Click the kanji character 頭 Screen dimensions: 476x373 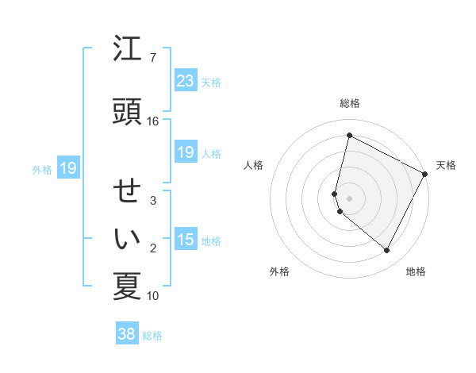[127, 111]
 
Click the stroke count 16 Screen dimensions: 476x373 [153, 121]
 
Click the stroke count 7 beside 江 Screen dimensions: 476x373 [153, 58]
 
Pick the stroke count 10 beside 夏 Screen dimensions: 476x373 [153, 296]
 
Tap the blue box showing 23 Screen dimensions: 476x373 [185, 81]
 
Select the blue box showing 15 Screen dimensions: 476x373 [185, 240]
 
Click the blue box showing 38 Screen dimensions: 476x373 [126, 334]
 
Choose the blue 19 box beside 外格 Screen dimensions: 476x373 [67, 168]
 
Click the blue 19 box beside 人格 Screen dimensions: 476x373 [185, 152]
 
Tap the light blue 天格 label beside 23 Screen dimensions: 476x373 [211, 82]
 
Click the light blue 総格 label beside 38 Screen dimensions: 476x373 [152, 335]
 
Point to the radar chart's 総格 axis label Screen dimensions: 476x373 [349, 103]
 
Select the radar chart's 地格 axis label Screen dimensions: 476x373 [416, 271]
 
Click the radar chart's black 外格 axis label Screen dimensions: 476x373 [279, 271]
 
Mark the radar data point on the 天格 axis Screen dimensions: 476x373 [425, 174]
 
